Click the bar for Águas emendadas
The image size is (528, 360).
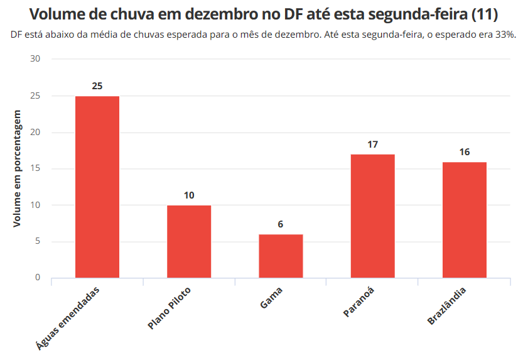97,187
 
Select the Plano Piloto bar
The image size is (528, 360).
189,241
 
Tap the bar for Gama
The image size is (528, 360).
281,256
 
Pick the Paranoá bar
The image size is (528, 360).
373,215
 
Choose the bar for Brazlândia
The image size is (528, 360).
465,219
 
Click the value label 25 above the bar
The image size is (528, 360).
97,86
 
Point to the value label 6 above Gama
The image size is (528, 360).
281,224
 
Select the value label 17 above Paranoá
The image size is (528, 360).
373,145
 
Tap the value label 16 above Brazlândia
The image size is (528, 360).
465,152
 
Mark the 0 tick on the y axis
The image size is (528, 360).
37,278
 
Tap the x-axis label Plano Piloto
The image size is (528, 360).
170,308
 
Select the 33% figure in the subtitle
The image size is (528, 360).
505,35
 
